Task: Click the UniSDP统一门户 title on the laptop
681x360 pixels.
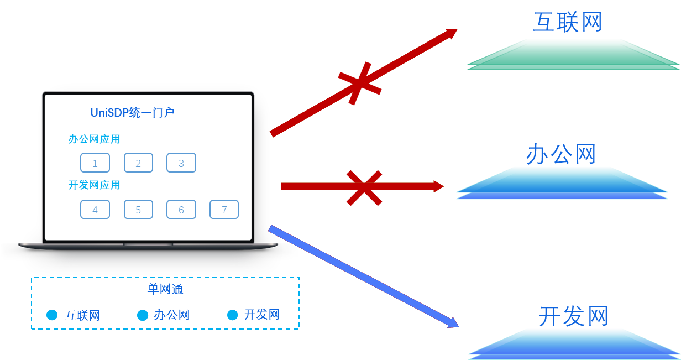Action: (133, 113)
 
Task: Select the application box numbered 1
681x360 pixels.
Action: (95, 163)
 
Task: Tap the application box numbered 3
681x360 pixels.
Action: (181, 163)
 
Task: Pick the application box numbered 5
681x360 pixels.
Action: (138, 210)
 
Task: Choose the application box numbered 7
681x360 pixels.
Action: (224, 210)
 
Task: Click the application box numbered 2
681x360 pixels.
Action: (138, 163)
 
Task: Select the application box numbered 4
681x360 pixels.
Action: (95, 210)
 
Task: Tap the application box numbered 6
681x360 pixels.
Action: (181, 210)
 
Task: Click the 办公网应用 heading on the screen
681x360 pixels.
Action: (94, 139)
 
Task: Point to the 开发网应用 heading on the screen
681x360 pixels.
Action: (94, 185)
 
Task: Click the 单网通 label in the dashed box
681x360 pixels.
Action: (165, 289)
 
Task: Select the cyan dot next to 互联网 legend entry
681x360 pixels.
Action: (52, 315)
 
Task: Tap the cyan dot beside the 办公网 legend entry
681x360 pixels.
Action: (143, 315)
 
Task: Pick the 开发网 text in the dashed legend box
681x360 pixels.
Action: (262, 315)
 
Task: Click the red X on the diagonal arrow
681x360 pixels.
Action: (360, 84)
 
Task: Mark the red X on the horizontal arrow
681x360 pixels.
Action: (364, 187)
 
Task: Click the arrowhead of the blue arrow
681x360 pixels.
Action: (454, 322)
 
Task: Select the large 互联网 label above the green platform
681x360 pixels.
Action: (567, 22)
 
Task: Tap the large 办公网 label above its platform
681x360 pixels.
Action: (560, 154)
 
